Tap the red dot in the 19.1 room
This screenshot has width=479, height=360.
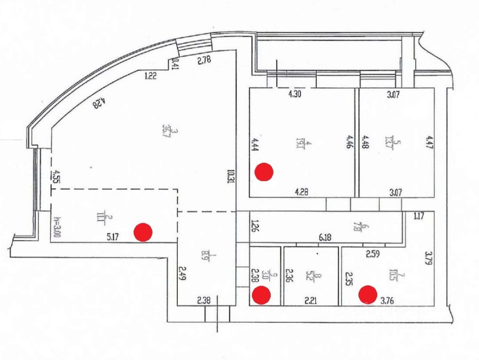(x=264, y=172)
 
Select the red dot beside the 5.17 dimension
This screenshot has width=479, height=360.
(x=143, y=232)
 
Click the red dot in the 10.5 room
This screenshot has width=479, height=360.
(x=368, y=294)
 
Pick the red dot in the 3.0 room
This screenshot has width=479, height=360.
(x=261, y=295)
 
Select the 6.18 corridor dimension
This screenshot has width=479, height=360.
(x=325, y=238)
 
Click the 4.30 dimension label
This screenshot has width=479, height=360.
(x=294, y=94)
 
